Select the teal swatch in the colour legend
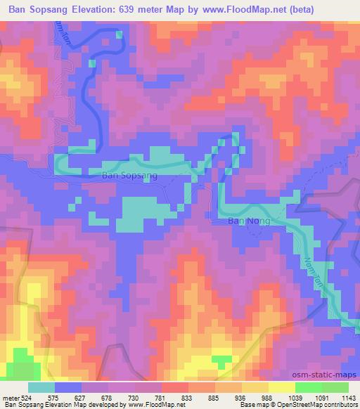pos(41,387)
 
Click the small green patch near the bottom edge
pos(222,361)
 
